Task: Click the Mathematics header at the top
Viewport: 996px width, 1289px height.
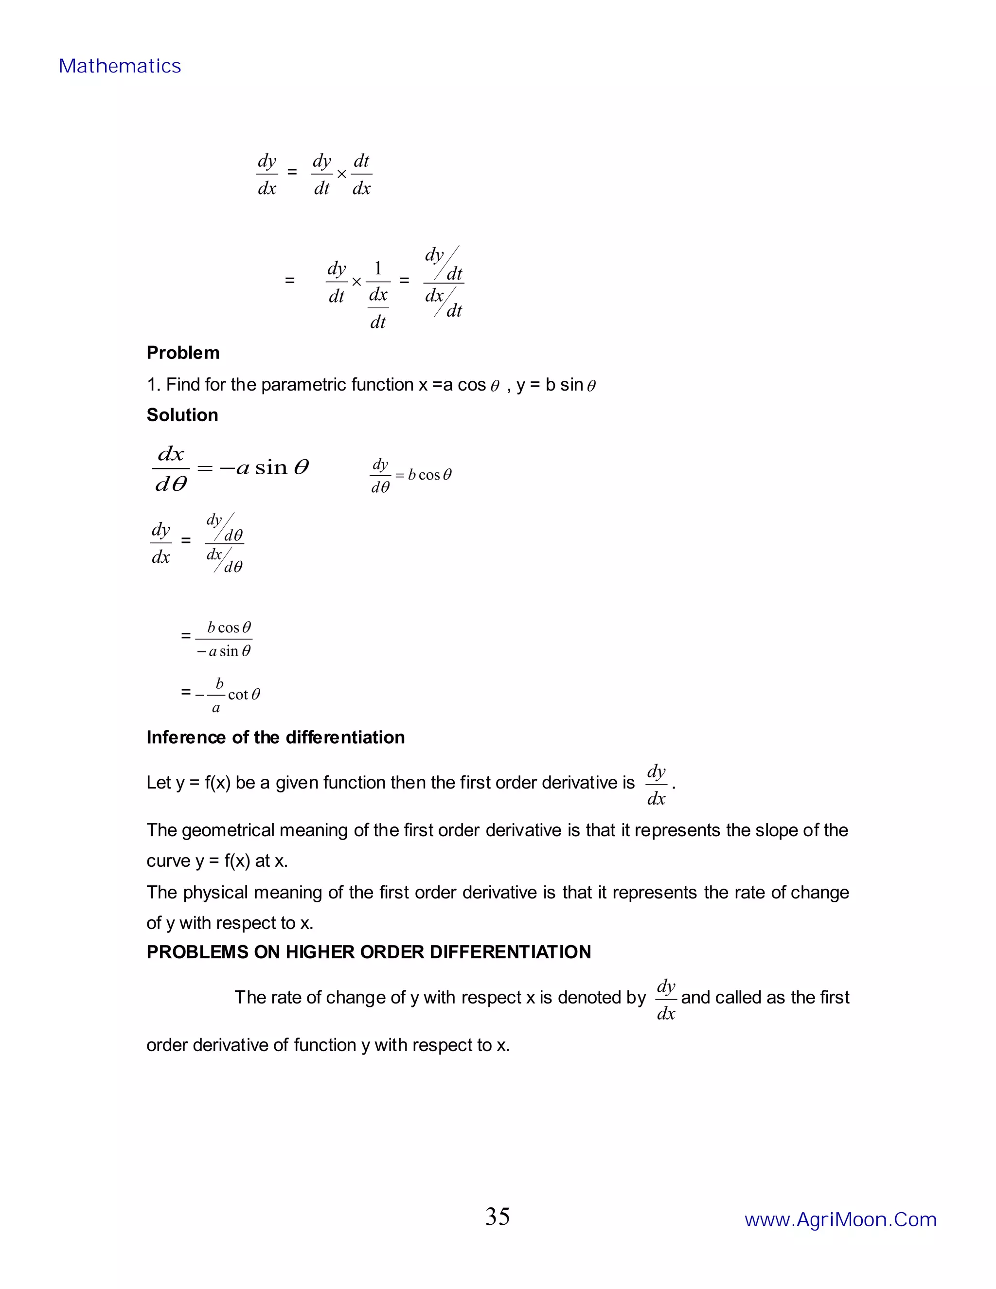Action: coord(120,66)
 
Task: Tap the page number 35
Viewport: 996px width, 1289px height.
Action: coord(498,1217)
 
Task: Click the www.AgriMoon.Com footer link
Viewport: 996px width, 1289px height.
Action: coord(840,1219)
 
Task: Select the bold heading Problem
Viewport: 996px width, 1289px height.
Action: coord(183,353)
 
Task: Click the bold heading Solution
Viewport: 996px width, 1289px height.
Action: coord(182,415)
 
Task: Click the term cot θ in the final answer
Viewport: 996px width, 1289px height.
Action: coord(244,695)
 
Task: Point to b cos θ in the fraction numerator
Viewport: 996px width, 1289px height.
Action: coord(229,627)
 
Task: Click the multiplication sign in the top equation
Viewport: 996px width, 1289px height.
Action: coord(341,175)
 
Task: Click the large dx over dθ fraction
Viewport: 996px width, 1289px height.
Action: coord(171,469)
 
